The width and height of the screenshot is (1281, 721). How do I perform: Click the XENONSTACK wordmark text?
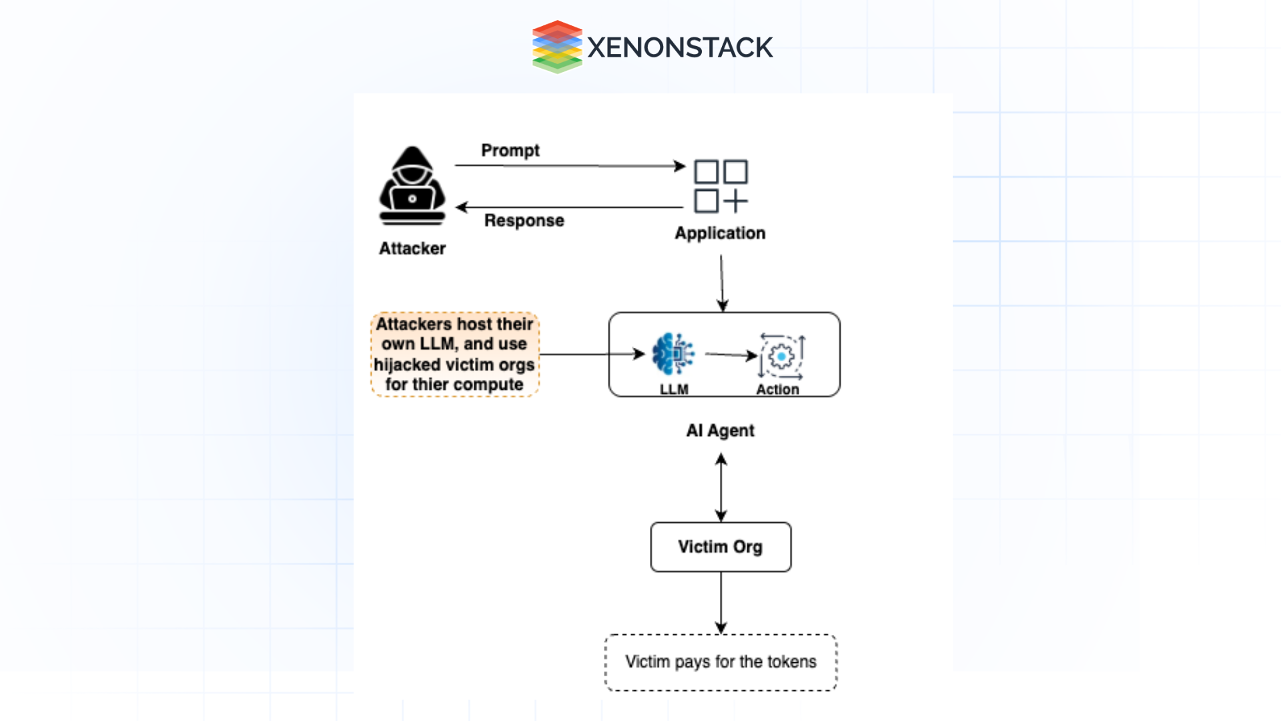click(x=679, y=47)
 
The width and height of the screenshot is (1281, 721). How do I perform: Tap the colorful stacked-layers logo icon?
click(x=556, y=47)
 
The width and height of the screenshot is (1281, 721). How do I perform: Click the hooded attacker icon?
click(x=412, y=186)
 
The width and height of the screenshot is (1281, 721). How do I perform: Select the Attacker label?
click(x=412, y=248)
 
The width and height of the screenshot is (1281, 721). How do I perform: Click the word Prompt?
click(x=510, y=150)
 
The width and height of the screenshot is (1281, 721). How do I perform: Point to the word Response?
click(x=524, y=220)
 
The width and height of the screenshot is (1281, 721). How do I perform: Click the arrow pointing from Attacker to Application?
click(x=570, y=166)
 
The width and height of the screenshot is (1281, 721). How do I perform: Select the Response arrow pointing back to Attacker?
click(x=570, y=208)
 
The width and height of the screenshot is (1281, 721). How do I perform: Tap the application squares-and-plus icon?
click(x=721, y=186)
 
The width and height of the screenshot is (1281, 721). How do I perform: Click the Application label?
click(x=720, y=233)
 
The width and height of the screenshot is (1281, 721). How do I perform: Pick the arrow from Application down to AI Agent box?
click(x=722, y=283)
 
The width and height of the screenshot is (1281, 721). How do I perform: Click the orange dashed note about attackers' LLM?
click(x=455, y=354)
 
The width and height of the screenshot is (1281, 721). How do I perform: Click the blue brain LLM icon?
click(x=673, y=353)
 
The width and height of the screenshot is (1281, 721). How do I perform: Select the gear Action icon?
click(x=781, y=356)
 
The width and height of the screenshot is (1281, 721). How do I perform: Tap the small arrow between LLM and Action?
click(x=731, y=355)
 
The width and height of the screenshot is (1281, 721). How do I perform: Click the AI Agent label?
click(x=720, y=431)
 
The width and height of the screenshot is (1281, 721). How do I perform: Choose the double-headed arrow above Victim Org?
click(x=721, y=487)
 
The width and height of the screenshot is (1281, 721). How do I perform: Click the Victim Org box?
click(x=721, y=547)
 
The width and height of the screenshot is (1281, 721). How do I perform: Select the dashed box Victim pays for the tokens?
click(x=721, y=662)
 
